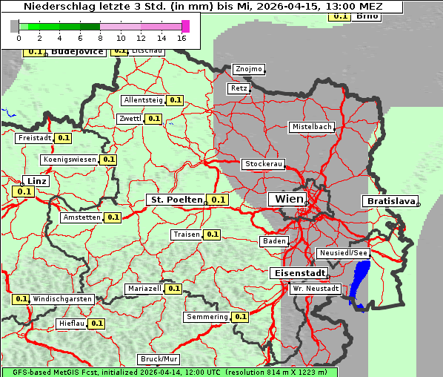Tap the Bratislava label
coord(390,201)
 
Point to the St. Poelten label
coord(176,200)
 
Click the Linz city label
coord(36,181)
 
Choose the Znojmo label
coord(248,69)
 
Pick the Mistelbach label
coord(311,127)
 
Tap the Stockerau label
coord(263,164)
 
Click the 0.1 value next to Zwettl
coord(153,118)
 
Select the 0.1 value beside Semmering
coord(239,317)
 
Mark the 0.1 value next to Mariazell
coord(173,288)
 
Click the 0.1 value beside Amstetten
coord(113,217)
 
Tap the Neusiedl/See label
coord(343,253)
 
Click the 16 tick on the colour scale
coord(181,37)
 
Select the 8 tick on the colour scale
coord(99,37)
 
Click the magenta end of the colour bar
coord(185,27)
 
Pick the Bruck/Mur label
coord(159,359)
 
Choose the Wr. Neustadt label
coord(316,288)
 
